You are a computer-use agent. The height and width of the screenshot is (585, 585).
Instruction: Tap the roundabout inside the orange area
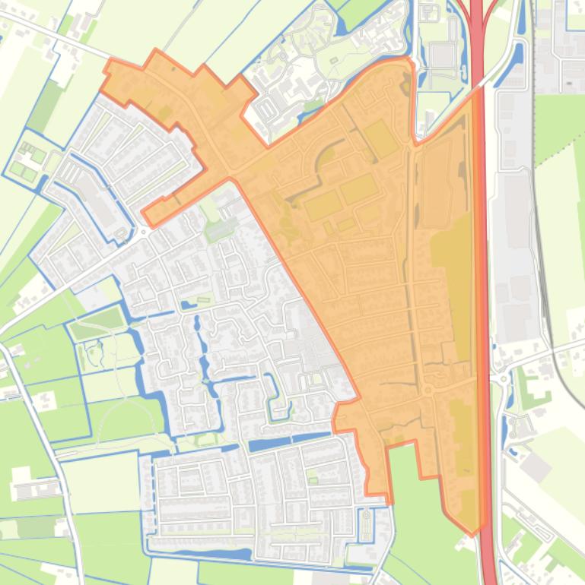click(x=428, y=391)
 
